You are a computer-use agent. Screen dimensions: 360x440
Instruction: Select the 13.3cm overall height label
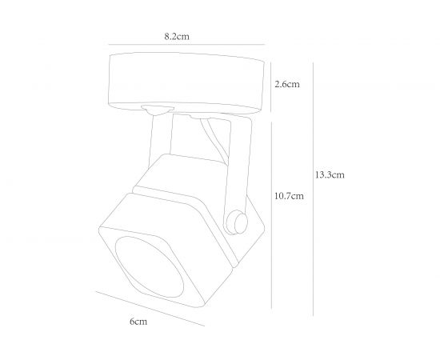coord(330,175)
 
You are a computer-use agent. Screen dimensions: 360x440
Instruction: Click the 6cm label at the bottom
coord(138,321)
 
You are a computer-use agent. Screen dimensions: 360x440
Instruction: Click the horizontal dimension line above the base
coord(184,46)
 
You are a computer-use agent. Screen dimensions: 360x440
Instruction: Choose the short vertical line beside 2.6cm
coord(272,83)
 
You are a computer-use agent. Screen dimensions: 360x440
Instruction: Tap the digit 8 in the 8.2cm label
coord(166,37)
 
